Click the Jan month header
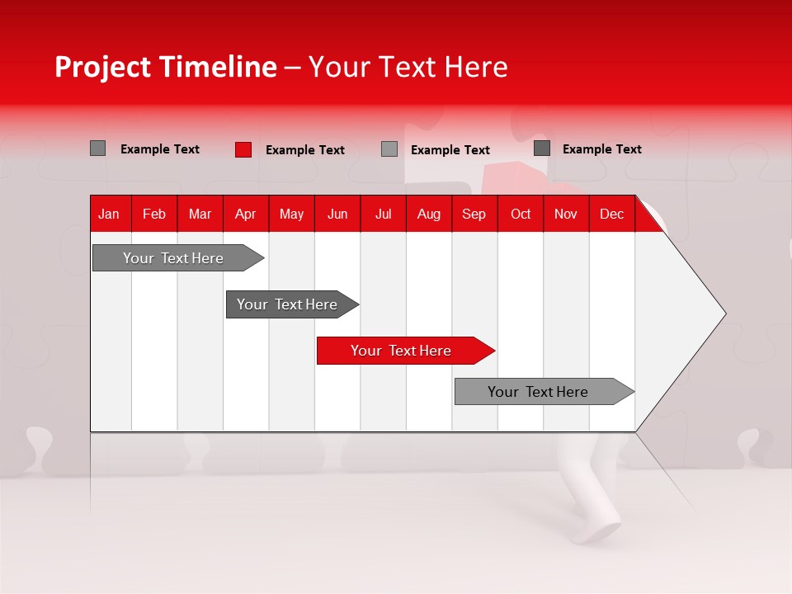pos(109,214)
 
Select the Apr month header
pos(245,214)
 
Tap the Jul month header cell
pos(383,214)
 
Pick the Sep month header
pos(474,214)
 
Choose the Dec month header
pos(611,214)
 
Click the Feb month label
pos(154,214)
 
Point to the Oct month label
pos(521,214)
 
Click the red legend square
pos(243,149)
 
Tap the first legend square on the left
pos(97,148)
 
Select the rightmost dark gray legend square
pos(541,148)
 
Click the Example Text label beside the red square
pos(305,150)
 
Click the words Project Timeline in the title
pos(165,67)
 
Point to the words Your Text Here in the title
pos(408,67)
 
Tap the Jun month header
pos(337,214)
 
